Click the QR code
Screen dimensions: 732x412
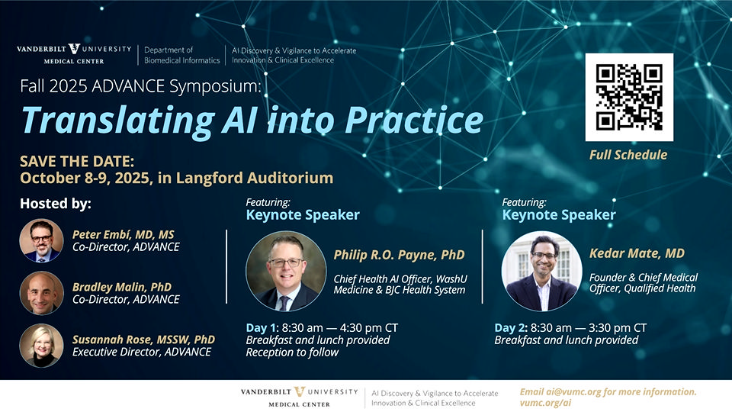coord(629,97)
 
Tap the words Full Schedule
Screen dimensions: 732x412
coord(628,155)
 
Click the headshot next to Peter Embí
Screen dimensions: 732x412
coord(41,240)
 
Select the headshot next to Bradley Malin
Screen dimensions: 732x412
coord(41,293)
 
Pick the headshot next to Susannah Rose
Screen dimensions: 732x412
coord(41,346)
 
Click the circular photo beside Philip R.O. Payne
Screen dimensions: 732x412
coord(286,271)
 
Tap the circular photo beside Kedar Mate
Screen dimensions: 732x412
coord(541,271)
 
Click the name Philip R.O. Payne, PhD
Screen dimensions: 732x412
coord(399,255)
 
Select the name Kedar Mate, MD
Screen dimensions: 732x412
coord(637,253)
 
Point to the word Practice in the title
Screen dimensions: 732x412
coord(414,121)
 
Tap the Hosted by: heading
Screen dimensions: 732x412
coord(56,204)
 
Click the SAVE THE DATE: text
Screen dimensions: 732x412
coord(77,162)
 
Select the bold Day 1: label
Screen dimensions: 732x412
coord(262,328)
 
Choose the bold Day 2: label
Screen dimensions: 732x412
coord(511,328)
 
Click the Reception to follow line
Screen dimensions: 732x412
coord(292,352)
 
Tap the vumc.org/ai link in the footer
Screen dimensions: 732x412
coord(545,403)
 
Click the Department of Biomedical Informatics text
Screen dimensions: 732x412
coord(181,55)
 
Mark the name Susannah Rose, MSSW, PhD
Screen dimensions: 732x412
coord(143,340)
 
